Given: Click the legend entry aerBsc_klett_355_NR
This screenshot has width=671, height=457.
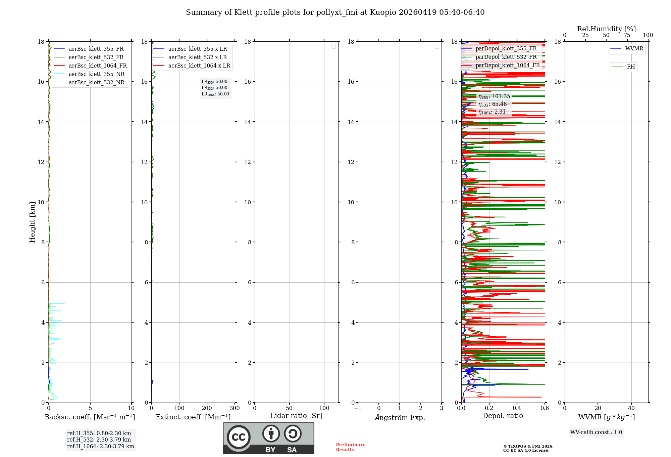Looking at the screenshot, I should point(96,74).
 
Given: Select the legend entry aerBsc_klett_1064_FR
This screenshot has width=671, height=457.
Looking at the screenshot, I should point(97,66).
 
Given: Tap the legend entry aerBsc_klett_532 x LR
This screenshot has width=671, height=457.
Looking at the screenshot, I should point(197,57).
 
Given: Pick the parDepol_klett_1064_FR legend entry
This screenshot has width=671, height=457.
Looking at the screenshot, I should point(507,65).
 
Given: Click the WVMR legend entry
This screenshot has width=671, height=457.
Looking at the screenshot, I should point(634,49).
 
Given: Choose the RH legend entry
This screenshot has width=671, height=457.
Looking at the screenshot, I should point(630,67).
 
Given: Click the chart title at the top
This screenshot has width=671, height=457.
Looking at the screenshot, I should point(335,12).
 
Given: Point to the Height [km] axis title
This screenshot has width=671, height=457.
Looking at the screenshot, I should point(32,222).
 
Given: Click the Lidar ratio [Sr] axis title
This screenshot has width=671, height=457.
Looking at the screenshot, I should point(296,416).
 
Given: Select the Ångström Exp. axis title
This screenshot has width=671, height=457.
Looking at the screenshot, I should point(400,417).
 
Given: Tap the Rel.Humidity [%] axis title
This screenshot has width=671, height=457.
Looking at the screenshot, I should point(606,29).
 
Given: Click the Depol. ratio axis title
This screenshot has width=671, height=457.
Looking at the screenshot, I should point(503,416).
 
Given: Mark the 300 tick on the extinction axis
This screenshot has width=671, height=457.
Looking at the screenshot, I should point(235,408).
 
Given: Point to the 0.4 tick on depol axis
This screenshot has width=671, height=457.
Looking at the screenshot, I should point(517,408).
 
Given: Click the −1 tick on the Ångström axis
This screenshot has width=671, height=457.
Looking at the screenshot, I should point(358,408).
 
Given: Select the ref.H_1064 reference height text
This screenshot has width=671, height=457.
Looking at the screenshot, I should point(100,446).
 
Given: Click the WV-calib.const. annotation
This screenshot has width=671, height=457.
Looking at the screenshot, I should point(596,432).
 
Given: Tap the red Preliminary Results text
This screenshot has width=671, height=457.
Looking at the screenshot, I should point(350,447).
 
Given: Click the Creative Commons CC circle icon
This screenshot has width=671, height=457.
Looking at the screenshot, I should point(239,437).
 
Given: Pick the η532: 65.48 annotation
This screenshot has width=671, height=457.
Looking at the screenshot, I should point(493,104).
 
